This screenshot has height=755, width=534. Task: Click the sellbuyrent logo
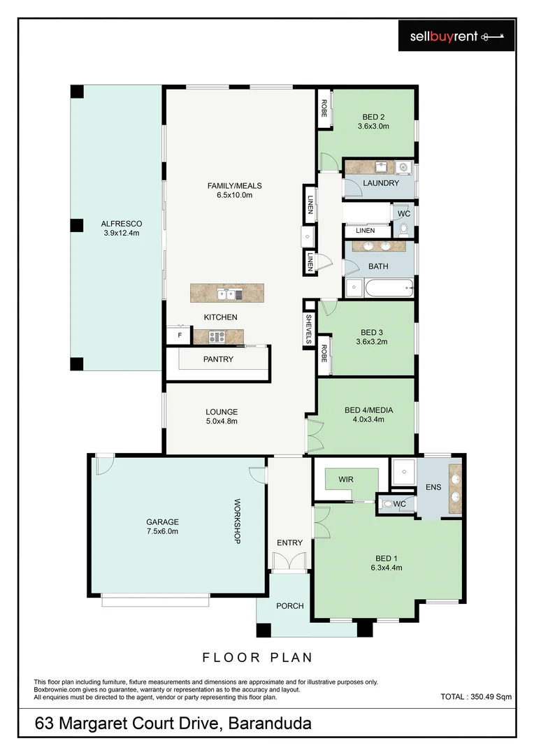[456, 36]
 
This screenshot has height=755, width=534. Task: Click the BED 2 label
[373, 117]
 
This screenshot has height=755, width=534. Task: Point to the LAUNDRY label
[381, 183]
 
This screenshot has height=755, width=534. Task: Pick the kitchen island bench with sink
[227, 293]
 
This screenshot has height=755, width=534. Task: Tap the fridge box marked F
[179, 336]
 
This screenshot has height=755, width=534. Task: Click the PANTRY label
[218, 359]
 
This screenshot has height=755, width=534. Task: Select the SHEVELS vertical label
[308, 329]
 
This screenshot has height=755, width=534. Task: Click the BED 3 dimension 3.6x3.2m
[372, 342]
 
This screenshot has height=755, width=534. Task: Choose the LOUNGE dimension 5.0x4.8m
[222, 422]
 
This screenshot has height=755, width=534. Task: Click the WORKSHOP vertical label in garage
[237, 522]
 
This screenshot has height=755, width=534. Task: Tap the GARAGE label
[162, 522]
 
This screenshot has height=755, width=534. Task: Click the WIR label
[345, 480]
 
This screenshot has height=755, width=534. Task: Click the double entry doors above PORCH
[288, 561]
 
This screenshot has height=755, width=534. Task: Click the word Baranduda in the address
[270, 724]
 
